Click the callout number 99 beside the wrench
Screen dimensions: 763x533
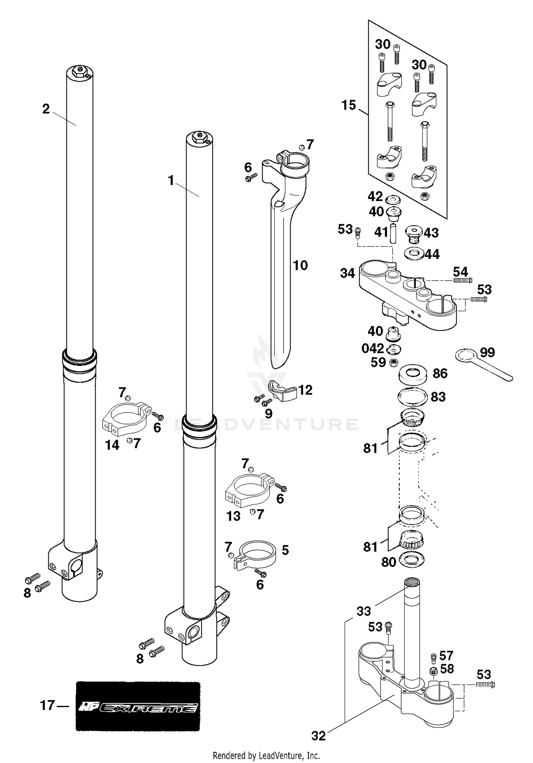pos(487,352)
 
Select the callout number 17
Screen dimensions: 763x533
pos(47,705)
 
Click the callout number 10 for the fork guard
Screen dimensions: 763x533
pos(300,265)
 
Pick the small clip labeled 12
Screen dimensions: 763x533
pos(283,391)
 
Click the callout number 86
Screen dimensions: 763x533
pos(440,373)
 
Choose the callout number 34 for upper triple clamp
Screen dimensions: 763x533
pos(348,273)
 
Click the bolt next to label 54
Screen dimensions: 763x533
pos(462,281)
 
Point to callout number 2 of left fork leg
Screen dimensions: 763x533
pos(46,109)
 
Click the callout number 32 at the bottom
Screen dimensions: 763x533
pos(318,736)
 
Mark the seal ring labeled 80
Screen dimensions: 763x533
pos(412,560)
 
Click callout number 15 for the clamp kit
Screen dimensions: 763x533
pos(349,105)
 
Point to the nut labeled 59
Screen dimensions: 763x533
pos(393,363)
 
